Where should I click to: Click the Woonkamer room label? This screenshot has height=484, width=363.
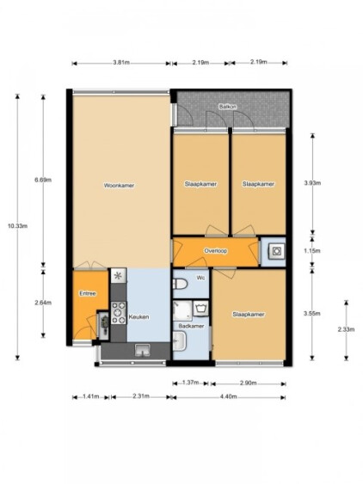pos(119,186)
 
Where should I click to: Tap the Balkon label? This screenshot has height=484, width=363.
pos(228,107)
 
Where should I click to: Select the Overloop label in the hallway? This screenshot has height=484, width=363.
pos(215,251)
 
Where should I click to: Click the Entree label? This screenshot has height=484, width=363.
pos(88,293)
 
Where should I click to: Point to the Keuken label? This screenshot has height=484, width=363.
pos(138,316)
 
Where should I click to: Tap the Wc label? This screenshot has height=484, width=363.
pos(200,279)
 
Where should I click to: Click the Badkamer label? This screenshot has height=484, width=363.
pos(191,326)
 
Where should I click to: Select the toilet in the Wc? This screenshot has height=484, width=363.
pos(180,284)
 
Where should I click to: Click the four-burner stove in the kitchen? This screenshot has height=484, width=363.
pos(119,313)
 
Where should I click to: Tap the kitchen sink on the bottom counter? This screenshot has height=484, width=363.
pos(143,350)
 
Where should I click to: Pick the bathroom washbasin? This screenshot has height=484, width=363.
pos(179,341)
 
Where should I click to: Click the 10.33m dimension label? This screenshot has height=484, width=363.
pos(17,226)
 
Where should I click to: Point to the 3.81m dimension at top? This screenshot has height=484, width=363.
pos(121,63)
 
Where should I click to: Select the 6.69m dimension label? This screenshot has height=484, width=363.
pos(43,180)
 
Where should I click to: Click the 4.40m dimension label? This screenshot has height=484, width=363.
pos(228,396)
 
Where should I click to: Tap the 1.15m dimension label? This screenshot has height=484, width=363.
pos(312,251)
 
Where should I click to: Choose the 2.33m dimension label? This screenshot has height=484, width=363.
pos(346,329)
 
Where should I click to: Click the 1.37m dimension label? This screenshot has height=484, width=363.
pos(190,383)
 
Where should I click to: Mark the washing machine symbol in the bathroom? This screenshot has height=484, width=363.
pos(201,308)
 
